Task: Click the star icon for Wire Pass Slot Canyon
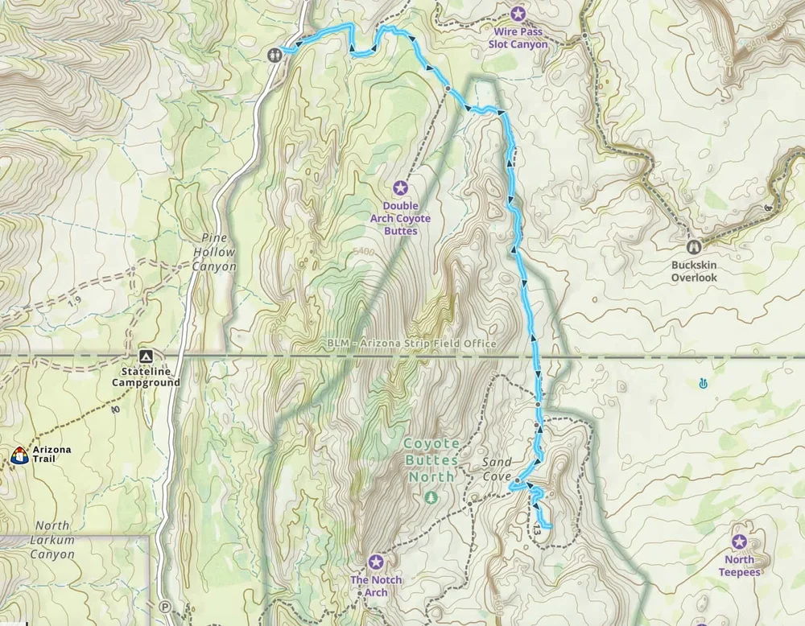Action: click(x=518, y=14)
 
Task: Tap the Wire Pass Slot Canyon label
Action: click(x=518, y=39)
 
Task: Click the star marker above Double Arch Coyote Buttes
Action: click(x=400, y=188)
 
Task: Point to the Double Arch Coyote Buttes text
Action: click(x=400, y=218)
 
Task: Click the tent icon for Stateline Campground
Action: click(x=145, y=356)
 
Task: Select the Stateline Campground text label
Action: click(x=145, y=378)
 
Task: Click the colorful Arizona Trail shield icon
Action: click(x=19, y=455)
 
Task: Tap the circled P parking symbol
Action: click(x=166, y=607)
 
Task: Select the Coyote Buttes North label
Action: click(x=431, y=459)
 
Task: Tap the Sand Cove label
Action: click(x=497, y=468)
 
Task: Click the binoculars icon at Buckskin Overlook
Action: click(x=693, y=247)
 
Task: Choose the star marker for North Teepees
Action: click(x=739, y=541)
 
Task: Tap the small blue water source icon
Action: click(x=704, y=384)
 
